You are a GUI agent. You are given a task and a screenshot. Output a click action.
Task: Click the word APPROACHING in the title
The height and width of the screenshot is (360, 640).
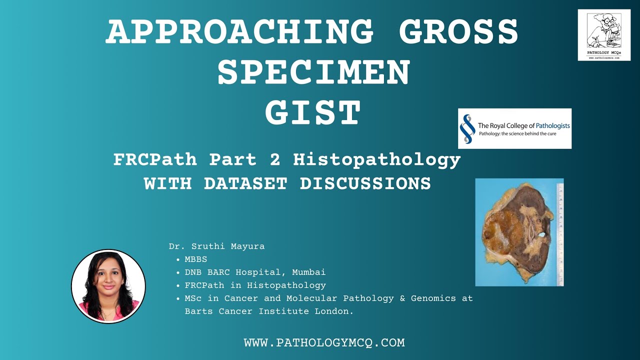coord(239,32)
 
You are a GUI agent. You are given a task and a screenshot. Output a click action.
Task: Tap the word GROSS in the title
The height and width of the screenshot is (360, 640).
coord(458,32)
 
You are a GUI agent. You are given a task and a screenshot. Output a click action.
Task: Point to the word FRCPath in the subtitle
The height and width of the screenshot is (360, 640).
coord(155,159)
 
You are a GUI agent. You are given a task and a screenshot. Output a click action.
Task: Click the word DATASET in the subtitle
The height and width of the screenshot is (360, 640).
coord(245,183)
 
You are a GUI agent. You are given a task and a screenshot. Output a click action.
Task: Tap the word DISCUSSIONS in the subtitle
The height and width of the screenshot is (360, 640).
coord(365,183)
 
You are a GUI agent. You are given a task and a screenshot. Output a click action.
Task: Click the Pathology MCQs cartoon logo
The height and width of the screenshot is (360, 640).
coord(604,35)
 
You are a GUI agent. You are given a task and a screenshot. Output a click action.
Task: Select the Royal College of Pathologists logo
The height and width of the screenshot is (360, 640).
coord(514,128)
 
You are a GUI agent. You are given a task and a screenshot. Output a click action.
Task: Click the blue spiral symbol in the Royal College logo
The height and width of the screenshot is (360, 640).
coord(467,128)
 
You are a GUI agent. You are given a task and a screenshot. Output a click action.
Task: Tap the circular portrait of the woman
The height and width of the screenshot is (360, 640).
coord(108,286)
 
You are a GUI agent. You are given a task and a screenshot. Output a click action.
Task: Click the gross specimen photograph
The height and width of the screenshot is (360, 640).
coord(515,232)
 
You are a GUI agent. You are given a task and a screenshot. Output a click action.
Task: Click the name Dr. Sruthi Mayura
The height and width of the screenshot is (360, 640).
coord(216,246)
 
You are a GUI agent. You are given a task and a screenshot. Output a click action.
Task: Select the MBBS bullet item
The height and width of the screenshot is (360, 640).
coord(195,259)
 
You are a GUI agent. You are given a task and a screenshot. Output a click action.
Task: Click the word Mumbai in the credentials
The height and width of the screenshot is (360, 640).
coord(308,272)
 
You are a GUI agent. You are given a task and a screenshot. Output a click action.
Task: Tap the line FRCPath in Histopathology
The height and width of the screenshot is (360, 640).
coord(255,285)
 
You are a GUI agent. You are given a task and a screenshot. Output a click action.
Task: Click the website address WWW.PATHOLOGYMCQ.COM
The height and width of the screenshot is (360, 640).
coord(324,343)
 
